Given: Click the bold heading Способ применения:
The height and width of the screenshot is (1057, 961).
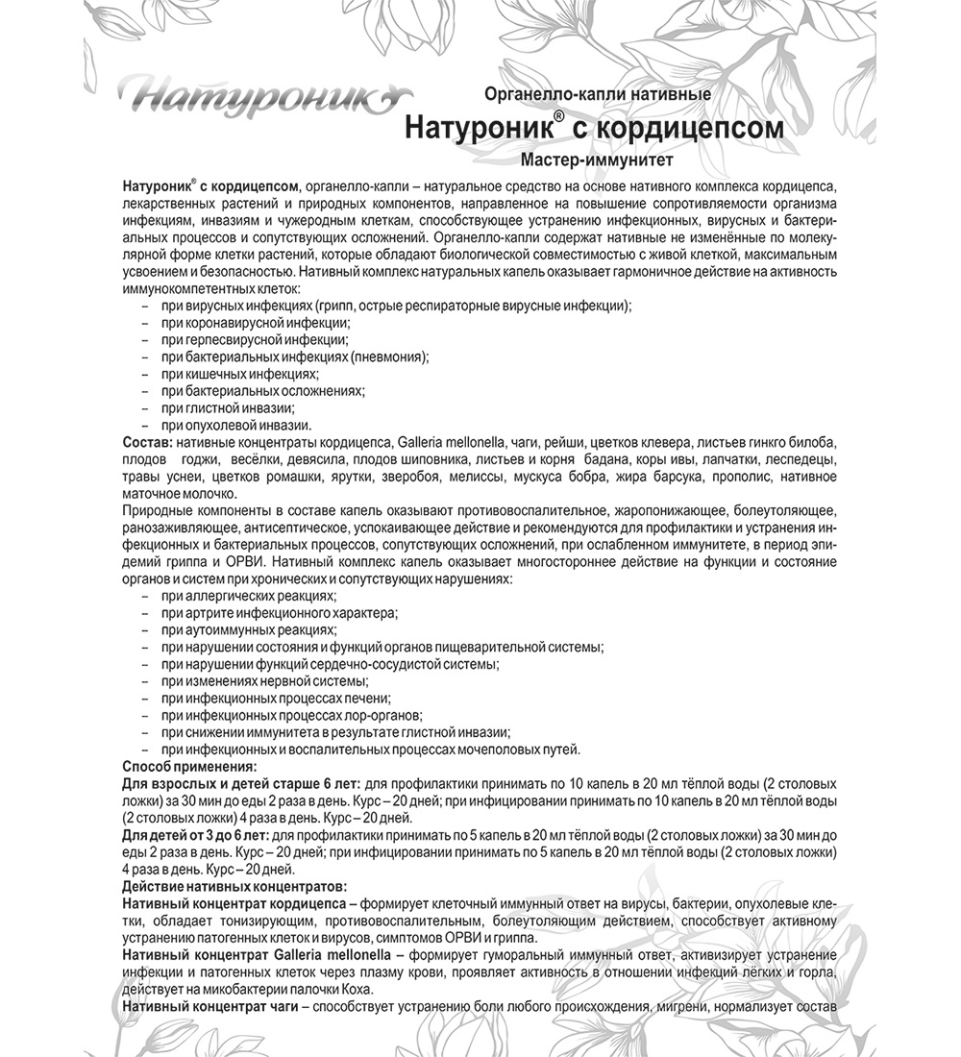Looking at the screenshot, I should tap(190, 766).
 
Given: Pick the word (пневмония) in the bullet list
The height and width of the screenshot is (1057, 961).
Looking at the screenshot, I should tap(389, 356).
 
